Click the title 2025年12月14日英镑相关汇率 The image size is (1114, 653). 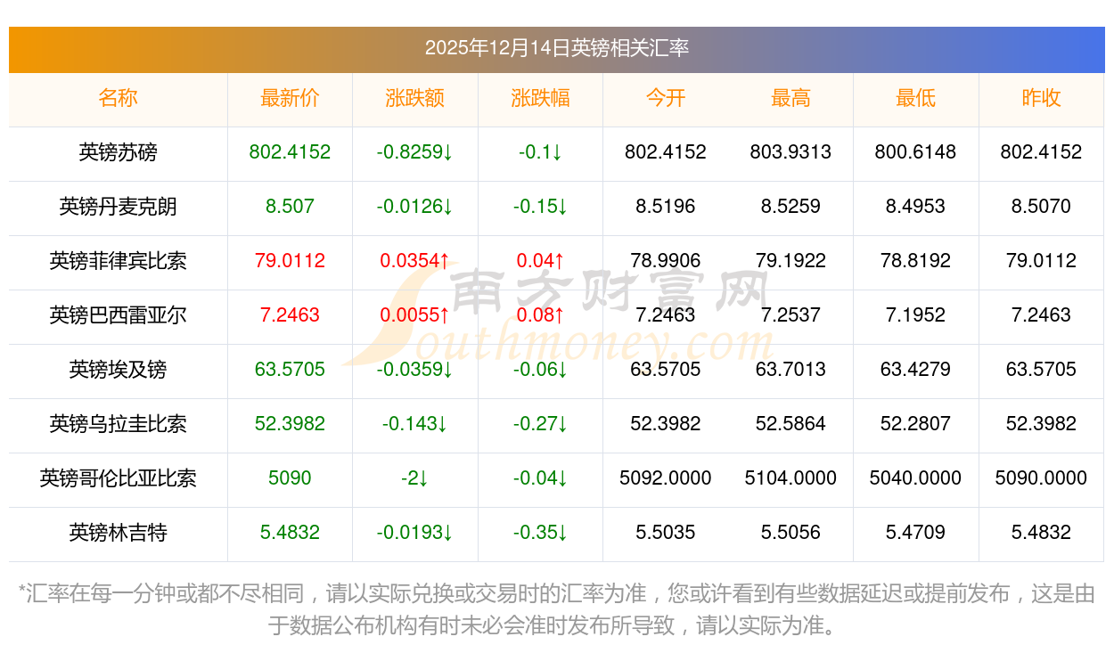556,48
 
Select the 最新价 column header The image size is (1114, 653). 290,99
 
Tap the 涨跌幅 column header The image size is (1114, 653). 540,99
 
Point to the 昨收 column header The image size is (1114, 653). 1041,99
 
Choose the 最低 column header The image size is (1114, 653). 915,99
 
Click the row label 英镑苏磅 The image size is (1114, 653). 118,153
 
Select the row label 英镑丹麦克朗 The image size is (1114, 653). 118,208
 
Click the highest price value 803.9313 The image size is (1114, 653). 790,153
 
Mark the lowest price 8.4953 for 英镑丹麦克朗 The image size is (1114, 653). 915,208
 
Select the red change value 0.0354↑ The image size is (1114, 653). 414,262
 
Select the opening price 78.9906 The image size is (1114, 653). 665,262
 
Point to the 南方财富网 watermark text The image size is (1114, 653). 610,290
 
